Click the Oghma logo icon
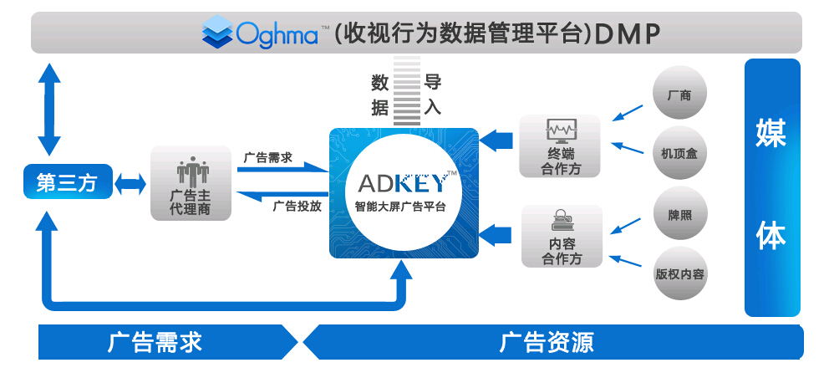click(x=218, y=33)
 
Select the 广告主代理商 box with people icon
click(x=190, y=183)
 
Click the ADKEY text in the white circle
click(x=406, y=182)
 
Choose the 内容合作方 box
click(x=560, y=236)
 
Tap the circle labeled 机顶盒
click(x=679, y=152)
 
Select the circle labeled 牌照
click(x=679, y=213)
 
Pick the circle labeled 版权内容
click(x=679, y=273)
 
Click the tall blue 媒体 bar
click(x=771, y=187)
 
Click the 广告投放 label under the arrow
click(x=297, y=207)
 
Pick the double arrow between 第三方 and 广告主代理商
click(x=130, y=184)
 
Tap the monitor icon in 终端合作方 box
click(x=560, y=131)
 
